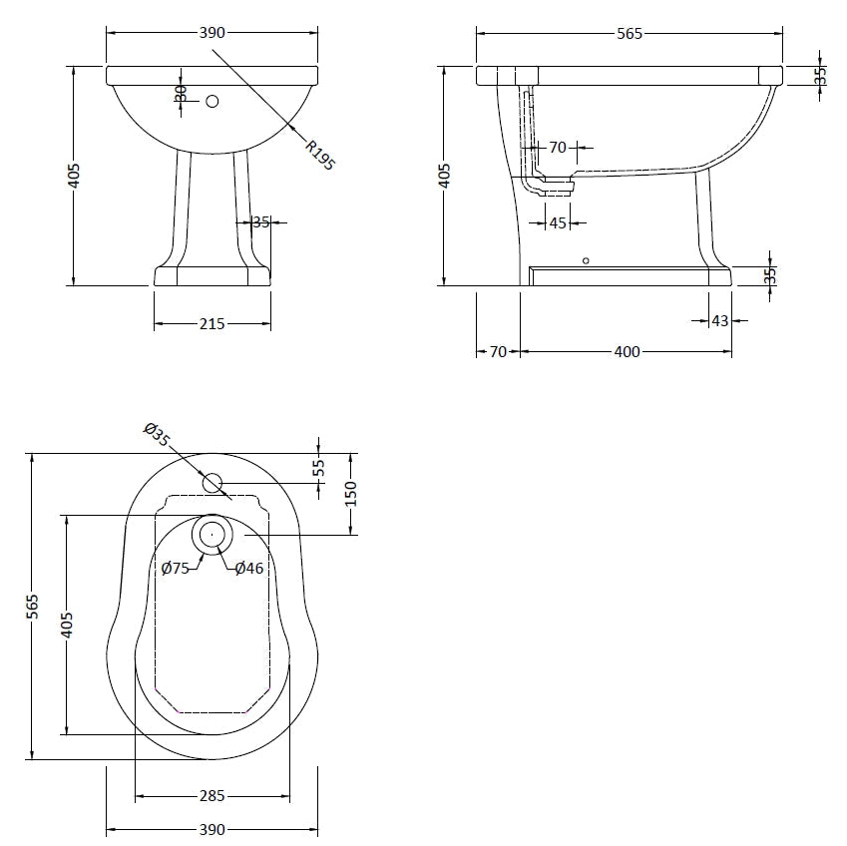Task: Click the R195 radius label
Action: click(x=319, y=156)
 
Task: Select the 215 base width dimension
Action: click(x=212, y=323)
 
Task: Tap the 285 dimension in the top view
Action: click(x=212, y=796)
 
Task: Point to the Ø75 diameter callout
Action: click(x=176, y=568)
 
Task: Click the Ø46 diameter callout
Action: click(x=249, y=568)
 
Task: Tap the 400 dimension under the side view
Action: click(x=627, y=351)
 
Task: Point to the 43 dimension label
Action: click(x=719, y=320)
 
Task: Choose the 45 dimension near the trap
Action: click(x=558, y=222)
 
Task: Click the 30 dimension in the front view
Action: click(x=181, y=92)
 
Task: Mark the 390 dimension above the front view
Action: click(x=212, y=32)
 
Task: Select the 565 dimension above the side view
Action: click(x=630, y=33)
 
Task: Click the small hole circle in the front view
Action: click(x=212, y=101)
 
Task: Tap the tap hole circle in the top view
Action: click(x=212, y=483)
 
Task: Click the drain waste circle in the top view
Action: click(x=212, y=535)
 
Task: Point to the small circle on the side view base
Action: click(x=586, y=260)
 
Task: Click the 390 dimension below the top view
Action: click(x=212, y=829)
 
